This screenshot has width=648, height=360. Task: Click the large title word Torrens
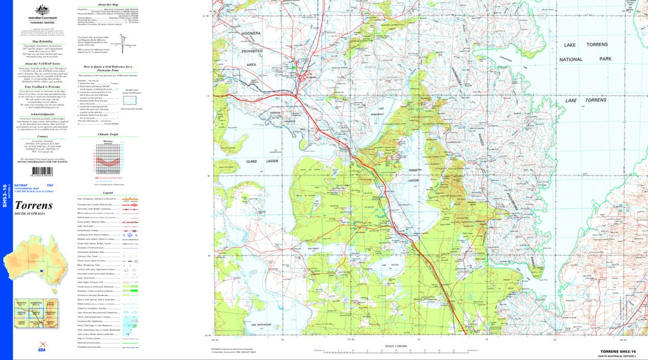pos(33,205)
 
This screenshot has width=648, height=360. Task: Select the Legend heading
pos(107,193)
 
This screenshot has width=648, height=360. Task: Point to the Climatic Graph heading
pos(107,134)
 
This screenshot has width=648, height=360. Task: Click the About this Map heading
pos(107,4)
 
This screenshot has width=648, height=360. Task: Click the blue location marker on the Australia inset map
pos(42,271)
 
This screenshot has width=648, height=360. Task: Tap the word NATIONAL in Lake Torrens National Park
pos(571,59)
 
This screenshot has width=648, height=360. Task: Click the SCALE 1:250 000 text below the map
pos(396,346)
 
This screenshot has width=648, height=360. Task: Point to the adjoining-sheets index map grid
pos(35,316)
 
